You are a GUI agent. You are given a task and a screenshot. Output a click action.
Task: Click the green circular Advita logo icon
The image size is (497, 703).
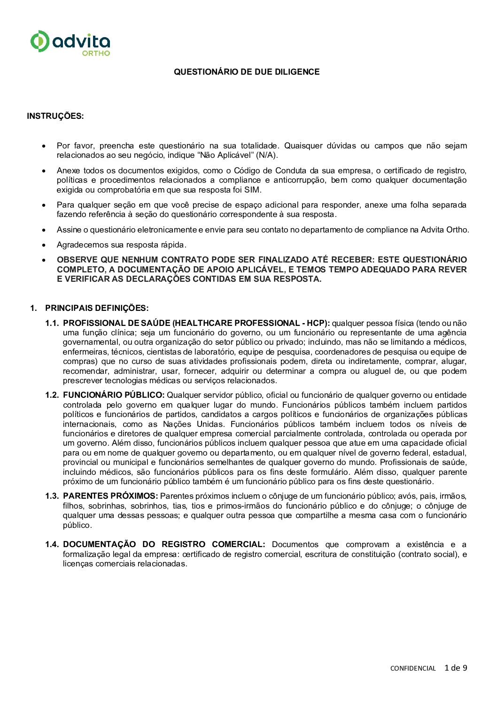39,41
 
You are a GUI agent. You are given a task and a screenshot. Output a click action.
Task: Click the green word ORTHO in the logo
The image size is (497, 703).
96,53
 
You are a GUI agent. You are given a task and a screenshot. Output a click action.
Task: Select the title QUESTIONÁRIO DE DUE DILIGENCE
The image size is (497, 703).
247,72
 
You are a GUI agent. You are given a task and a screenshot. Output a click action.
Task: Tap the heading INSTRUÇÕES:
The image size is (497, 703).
55,116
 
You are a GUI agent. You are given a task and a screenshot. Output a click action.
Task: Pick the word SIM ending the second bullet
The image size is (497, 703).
252,190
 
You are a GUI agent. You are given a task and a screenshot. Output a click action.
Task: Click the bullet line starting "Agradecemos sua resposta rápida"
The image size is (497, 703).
121,245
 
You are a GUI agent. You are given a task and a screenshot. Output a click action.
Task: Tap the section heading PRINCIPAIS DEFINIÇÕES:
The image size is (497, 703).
97,308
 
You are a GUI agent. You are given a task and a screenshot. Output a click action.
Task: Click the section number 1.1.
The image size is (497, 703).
52,323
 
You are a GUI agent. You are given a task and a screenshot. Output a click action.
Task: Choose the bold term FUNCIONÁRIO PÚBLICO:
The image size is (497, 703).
114,395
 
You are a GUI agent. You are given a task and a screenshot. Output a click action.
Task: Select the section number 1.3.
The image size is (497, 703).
52,496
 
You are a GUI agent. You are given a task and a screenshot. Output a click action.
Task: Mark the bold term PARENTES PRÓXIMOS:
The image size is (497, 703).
110,496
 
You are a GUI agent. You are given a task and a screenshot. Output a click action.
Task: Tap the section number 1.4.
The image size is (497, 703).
52,544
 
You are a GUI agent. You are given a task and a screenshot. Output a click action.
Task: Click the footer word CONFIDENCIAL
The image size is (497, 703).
413,668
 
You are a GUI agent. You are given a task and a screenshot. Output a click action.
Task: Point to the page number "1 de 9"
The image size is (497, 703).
456,668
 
